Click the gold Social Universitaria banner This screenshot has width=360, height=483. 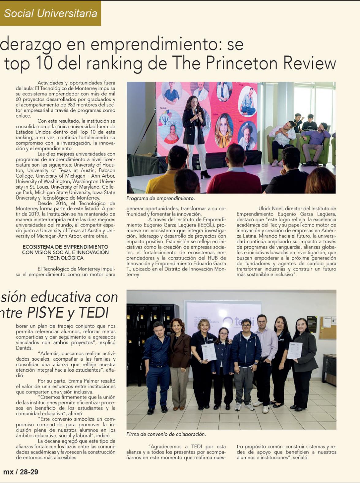50,13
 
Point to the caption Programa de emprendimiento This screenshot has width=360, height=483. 161,198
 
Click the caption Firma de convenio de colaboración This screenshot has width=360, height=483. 166,434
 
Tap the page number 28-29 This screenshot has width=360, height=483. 29,472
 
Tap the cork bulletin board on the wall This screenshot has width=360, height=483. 327,328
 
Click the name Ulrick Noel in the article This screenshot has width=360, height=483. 271,209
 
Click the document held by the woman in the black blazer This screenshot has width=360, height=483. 294,351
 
